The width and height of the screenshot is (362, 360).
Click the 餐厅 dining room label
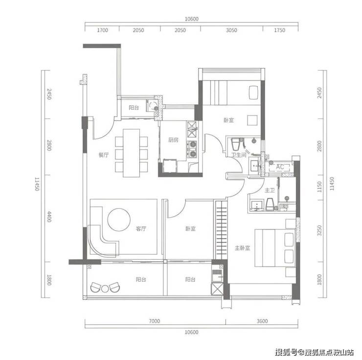click(x=103, y=155)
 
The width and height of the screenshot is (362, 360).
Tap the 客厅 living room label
click(x=140, y=229)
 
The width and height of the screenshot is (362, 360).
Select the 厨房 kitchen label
click(x=173, y=140)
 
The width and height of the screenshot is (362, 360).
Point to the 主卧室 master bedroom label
click(x=243, y=248)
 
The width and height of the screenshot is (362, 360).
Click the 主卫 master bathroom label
click(x=270, y=191)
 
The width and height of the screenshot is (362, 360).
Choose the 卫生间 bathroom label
click(x=239, y=155)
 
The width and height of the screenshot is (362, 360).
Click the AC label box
click(x=280, y=167)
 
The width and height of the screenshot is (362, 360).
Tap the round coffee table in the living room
click(x=119, y=219)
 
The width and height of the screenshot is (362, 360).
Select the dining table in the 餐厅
click(x=132, y=153)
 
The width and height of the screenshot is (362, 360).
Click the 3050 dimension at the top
click(x=231, y=30)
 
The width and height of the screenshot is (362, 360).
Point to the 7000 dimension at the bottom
click(x=154, y=321)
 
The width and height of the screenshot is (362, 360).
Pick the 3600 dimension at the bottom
click(x=262, y=321)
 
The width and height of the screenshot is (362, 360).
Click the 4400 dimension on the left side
click(x=49, y=216)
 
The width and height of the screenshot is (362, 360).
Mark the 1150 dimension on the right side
click(x=319, y=187)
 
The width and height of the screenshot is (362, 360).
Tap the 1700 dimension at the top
click(x=103, y=30)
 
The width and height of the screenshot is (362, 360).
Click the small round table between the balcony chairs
click(x=105, y=288)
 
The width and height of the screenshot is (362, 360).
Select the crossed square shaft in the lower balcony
click(x=217, y=288)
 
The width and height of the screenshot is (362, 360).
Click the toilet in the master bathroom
click(x=270, y=204)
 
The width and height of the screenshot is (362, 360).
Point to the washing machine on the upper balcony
click(x=152, y=106)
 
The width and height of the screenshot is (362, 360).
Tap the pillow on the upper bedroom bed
click(x=253, y=93)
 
